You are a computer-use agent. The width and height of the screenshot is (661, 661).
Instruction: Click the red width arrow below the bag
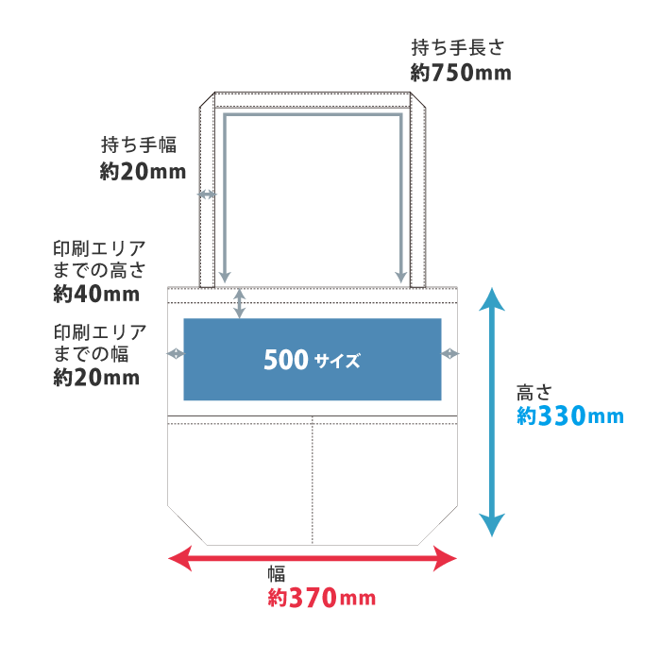pyautogui.click(x=312, y=560)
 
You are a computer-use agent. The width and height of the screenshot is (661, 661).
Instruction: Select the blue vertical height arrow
pyautogui.click(x=491, y=412)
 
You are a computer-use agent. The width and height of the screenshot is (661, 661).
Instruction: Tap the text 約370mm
pyautogui.click(x=321, y=598)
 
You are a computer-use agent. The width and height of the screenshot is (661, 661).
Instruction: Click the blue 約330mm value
pyautogui.click(x=569, y=415)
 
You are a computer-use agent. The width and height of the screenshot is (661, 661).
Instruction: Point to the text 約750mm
pyautogui.click(x=461, y=73)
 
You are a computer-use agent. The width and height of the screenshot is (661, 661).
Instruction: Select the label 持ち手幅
pyautogui.click(x=139, y=144)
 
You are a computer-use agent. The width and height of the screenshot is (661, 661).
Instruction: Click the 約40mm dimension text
pyautogui.click(x=96, y=295)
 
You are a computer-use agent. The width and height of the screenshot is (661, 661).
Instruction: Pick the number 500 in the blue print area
pyautogui.click(x=286, y=360)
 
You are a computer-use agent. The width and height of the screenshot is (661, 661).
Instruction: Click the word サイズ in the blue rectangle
pyautogui.click(x=337, y=361)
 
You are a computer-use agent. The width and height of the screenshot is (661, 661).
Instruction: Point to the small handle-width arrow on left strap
pyautogui.click(x=207, y=195)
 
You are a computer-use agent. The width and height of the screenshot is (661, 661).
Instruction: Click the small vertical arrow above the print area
pyautogui.click(x=240, y=302)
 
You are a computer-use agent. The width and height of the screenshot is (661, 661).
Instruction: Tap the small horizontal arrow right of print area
pyautogui.click(x=450, y=353)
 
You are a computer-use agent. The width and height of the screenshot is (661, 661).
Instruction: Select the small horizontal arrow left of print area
pyautogui.click(x=176, y=353)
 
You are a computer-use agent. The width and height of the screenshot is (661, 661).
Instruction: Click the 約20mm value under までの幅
pyautogui.click(x=96, y=378)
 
